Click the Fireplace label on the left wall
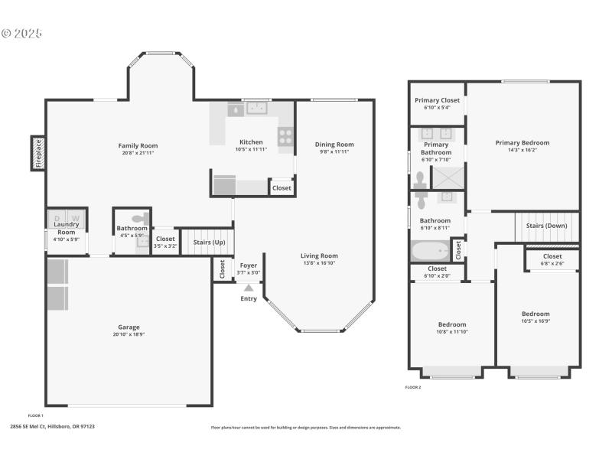(37, 153)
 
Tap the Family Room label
(138, 145)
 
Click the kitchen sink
(256, 109)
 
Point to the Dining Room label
(334, 144)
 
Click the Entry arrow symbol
(249, 288)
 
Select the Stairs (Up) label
(209, 243)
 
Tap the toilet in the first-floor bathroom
(138, 217)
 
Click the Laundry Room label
(67, 229)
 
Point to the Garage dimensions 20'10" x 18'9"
(128, 335)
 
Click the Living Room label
(319, 256)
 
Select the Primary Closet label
(437, 100)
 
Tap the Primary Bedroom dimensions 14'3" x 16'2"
(522, 150)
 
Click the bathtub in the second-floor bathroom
(431, 251)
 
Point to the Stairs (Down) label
(546, 226)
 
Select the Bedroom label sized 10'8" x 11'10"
(451, 324)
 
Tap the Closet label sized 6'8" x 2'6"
(552, 256)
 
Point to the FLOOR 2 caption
(413, 387)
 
